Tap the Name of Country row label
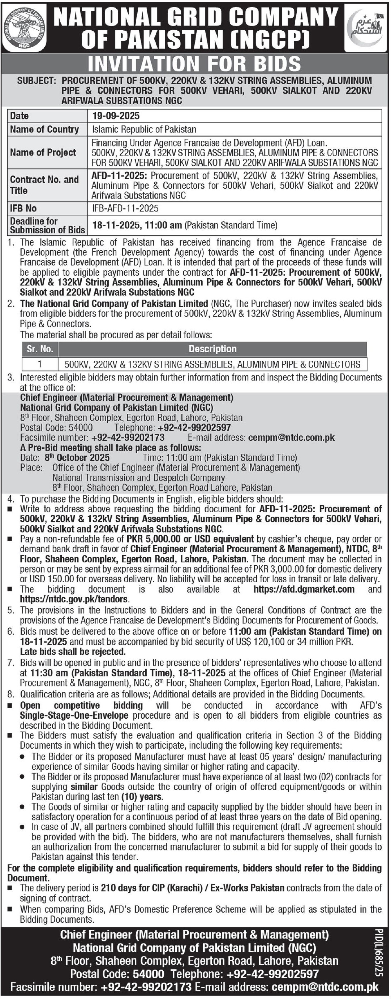(x=44, y=129)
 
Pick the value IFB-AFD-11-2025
(x=125, y=208)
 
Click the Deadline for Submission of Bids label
(x=47, y=225)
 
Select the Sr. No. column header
(x=40, y=349)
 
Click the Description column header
(x=212, y=349)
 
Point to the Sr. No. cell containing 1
(x=40, y=364)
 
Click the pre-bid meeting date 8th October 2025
(x=77, y=458)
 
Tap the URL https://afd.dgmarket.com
(x=304, y=589)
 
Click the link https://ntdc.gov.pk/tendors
(x=74, y=599)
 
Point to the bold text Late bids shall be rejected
(x=73, y=652)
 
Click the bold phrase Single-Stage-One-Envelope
(x=74, y=715)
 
